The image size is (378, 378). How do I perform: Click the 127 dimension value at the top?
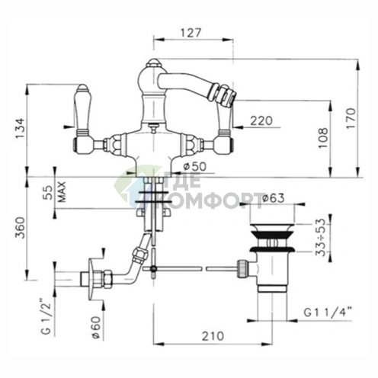coord(191,33)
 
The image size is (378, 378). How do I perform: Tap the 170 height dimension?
coord(351,118)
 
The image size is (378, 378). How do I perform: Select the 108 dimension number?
coord(322,138)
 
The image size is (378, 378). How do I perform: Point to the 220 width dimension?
coord(261,120)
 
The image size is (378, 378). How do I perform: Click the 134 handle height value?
coord(20,128)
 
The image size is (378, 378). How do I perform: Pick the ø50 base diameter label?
coord(195,167)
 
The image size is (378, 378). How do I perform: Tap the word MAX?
coord(62,192)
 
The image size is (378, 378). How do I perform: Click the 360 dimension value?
coord(20,228)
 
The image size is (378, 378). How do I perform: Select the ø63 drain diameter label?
coord(273,198)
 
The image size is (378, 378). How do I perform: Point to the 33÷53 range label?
coord(320,238)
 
